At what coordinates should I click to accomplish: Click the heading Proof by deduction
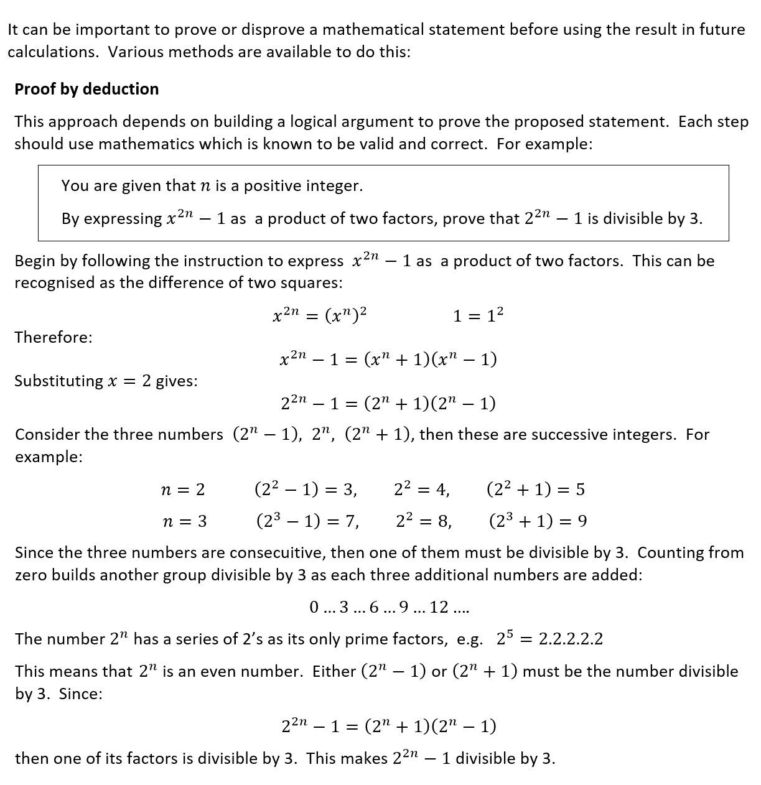pyautogui.click(x=86, y=89)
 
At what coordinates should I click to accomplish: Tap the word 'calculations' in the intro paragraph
pyautogui.click(x=52, y=52)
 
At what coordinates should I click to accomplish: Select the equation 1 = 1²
pyautogui.click(x=478, y=315)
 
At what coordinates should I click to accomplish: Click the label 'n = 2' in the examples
pyautogui.click(x=182, y=490)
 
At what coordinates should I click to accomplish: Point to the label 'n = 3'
pyautogui.click(x=184, y=521)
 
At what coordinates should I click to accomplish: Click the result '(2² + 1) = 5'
pyautogui.click(x=535, y=489)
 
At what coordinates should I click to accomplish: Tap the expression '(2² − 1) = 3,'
pyautogui.click(x=306, y=489)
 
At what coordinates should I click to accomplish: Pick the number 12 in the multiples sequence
pyautogui.click(x=439, y=607)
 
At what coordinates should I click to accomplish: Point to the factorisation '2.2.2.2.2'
pyautogui.click(x=570, y=639)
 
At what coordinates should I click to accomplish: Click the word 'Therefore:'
pyautogui.click(x=54, y=337)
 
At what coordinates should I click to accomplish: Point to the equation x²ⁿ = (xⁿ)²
pyautogui.click(x=319, y=315)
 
